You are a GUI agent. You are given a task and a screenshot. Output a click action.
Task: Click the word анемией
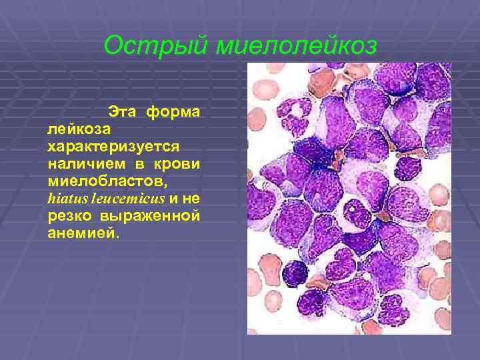pyautogui.click(x=79, y=234)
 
